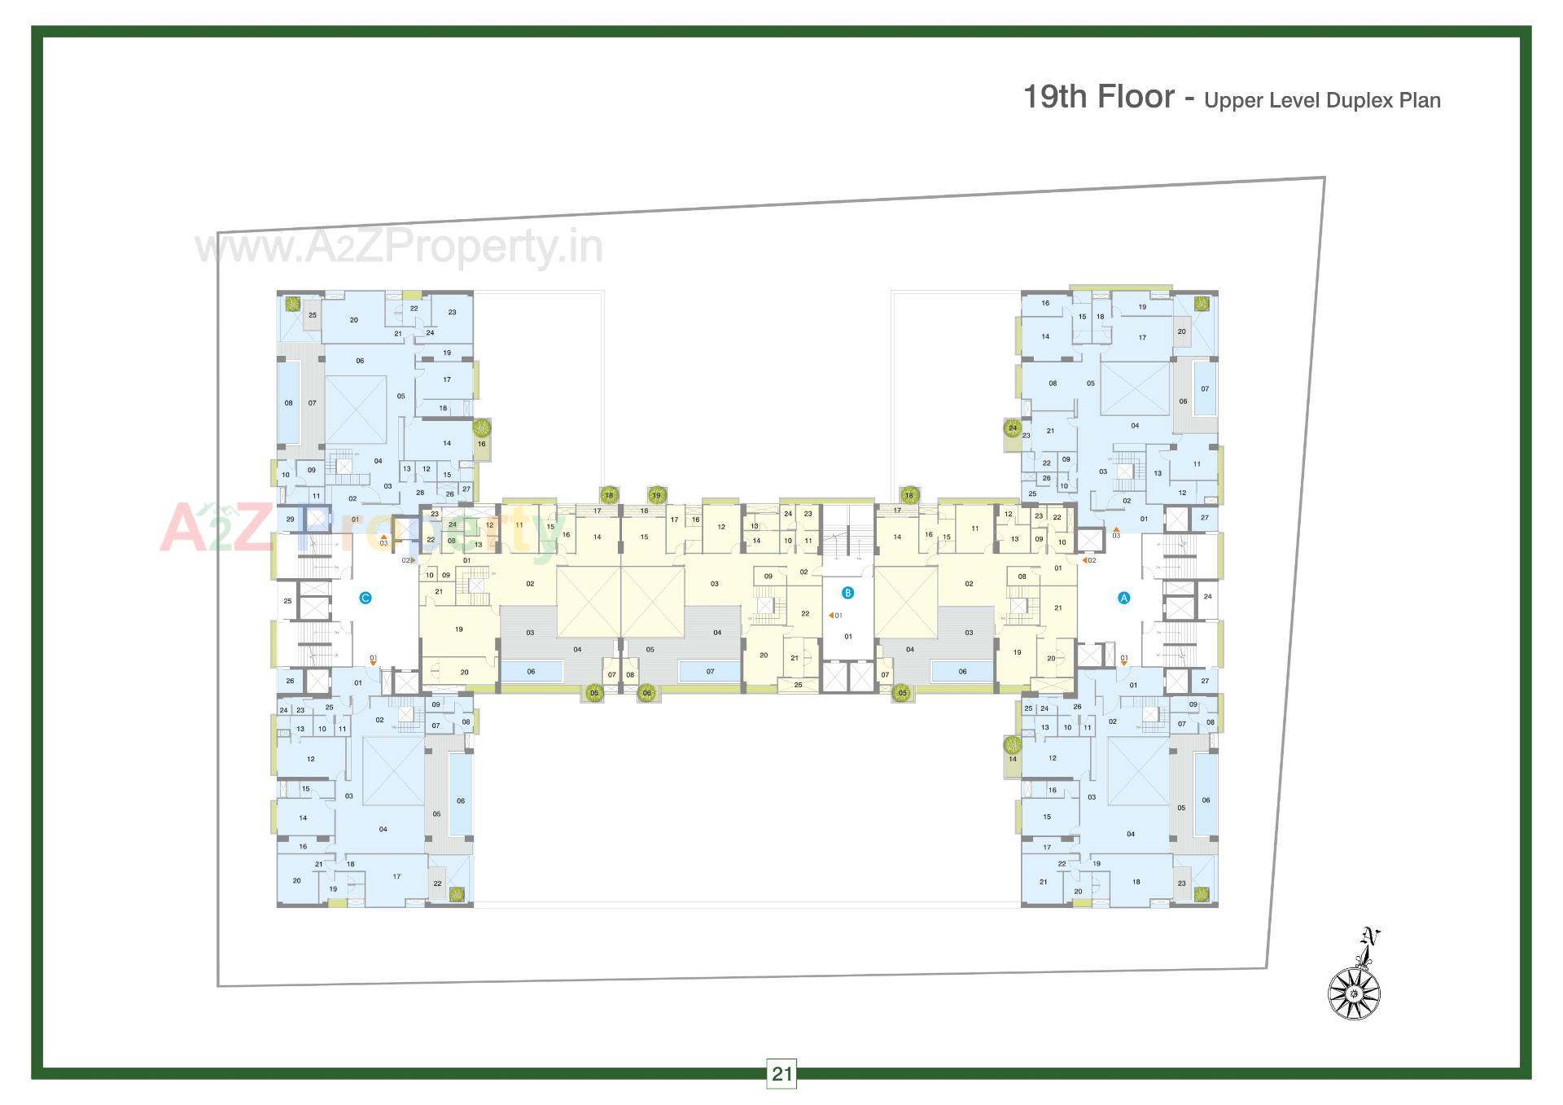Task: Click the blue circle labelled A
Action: (1124, 598)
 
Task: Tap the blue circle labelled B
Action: (847, 593)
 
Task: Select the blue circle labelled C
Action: (366, 599)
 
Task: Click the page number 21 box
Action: (781, 1073)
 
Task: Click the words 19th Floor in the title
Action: (1098, 97)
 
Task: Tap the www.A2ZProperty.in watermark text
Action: (399, 248)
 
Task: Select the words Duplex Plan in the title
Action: (1383, 101)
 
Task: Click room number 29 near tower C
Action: (290, 520)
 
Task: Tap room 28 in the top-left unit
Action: (420, 493)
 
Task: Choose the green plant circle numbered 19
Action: (656, 495)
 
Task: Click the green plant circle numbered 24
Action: (1013, 428)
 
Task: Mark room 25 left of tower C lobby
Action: (287, 601)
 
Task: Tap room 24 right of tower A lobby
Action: (1207, 596)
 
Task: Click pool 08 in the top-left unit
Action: (288, 402)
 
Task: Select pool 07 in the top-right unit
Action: (1205, 388)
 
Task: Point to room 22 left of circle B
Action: (804, 614)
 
